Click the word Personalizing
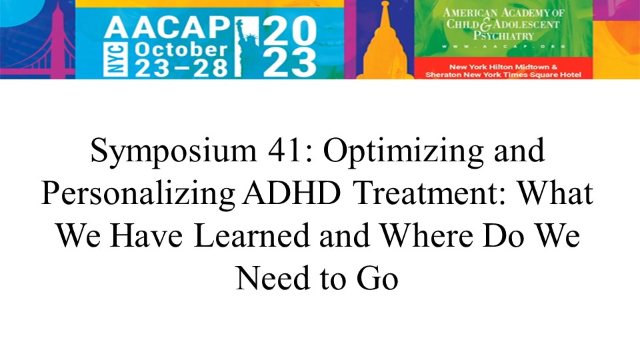[138, 194]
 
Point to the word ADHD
[291, 193]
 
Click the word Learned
[252, 236]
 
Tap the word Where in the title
[425, 236]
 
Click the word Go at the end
[377, 279]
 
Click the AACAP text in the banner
[167, 28]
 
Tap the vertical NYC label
[113, 60]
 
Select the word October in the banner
[181, 50]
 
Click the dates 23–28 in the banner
[181, 68]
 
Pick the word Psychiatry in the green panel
[503, 35]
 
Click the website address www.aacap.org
[503, 47]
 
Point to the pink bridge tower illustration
[57, 40]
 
